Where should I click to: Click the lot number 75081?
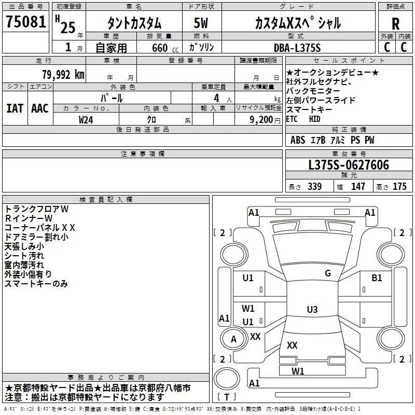coord(26,23)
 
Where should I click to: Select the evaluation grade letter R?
coord(395,23)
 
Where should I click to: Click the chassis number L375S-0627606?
coord(348,165)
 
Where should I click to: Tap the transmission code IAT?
coord(14,108)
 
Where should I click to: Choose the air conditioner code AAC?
coord(39,108)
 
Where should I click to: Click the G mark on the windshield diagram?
coord(327,273)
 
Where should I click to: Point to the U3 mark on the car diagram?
coord(312,310)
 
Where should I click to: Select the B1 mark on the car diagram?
coord(377,278)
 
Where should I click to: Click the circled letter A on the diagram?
coord(233,339)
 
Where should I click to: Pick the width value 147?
coord(358,187)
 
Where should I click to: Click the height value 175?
coord(399,187)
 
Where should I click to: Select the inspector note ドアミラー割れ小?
coord(36,237)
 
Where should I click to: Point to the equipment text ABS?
coord(298,140)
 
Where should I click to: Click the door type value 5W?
coord(201,23)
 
